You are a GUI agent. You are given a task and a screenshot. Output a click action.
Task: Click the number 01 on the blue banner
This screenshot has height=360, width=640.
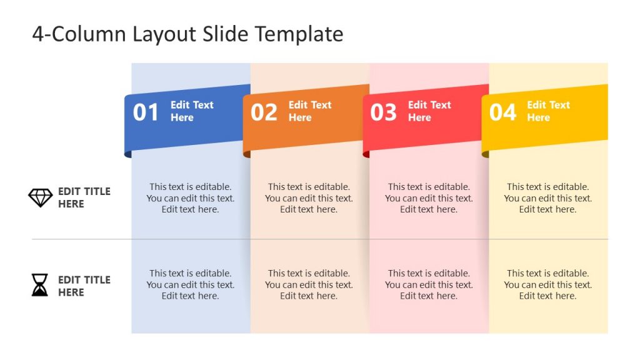pyautogui.click(x=146, y=112)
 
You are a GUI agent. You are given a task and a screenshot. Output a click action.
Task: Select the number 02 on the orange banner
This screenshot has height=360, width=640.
pyautogui.click(x=264, y=112)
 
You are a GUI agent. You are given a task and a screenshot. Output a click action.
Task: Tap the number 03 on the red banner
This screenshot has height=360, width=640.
pyautogui.click(x=383, y=112)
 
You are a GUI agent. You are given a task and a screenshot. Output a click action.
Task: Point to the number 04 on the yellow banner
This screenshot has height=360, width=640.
pyautogui.click(x=502, y=112)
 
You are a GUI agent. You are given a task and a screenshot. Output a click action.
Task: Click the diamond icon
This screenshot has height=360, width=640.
pyautogui.click(x=41, y=197)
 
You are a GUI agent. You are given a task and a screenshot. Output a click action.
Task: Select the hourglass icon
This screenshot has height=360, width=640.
pyautogui.click(x=40, y=285)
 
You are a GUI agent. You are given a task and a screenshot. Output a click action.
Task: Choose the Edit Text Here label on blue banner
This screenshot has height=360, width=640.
pyautogui.click(x=192, y=111)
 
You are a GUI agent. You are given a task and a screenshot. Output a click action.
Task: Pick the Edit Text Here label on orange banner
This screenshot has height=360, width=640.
pyautogui.click(x=310, y=111)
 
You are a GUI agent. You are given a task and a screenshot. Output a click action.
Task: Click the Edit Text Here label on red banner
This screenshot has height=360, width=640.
pyautogui.click(x=429, y=111)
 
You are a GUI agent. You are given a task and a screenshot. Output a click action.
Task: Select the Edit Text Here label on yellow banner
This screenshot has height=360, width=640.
pyautogui.click(x=548, y=111)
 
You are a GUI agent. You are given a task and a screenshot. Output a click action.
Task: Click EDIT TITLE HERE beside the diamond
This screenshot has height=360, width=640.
pyautogui.click(x=84, y=197)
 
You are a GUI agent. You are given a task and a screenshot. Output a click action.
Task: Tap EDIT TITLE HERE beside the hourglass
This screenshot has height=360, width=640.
pyautogui.click(x=84, y=286)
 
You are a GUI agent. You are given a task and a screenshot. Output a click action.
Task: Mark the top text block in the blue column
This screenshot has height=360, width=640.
pyautogui.click(x=191, y=198)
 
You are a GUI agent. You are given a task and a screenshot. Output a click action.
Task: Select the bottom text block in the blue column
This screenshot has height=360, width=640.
pyautogui.click(x=191, y=284)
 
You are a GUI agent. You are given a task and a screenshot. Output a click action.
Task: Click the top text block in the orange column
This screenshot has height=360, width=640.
pyautogui.click(x=309, y=198)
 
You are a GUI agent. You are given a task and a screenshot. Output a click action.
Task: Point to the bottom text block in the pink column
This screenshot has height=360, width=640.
pyautogui.click(x=429, y=284)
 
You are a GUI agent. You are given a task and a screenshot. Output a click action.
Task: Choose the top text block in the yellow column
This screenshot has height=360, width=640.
pyautogui.click(x=547, y=198)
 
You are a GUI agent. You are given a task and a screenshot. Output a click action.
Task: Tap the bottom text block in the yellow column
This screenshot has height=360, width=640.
pyautogui.click(x=547, y=284)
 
